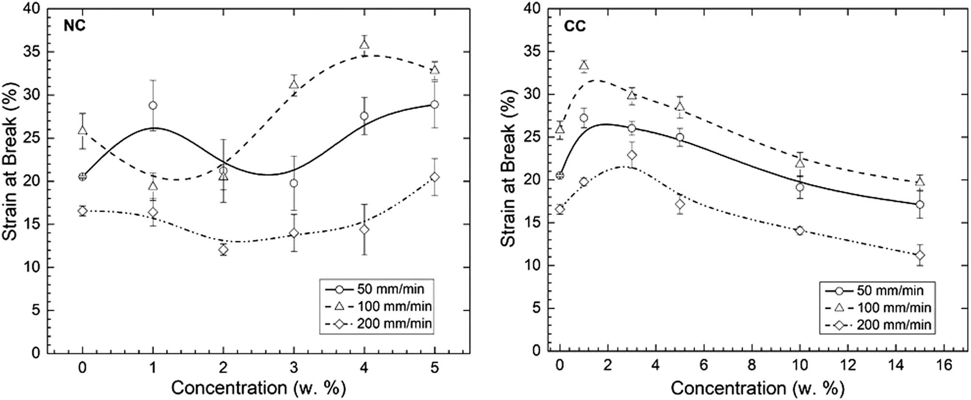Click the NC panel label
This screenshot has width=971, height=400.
coord(75,25)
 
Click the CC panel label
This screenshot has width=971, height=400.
coord(574,26)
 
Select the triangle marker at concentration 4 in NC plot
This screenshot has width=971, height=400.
coord(364,45)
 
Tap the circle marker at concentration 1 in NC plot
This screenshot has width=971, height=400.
coord(153,105)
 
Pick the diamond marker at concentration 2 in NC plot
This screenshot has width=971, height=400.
coord(223,250)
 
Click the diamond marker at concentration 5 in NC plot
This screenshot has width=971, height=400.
coord(435,177)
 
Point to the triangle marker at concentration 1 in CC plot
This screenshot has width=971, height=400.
coord(584,66)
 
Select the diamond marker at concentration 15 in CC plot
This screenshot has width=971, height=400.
coord(920,255)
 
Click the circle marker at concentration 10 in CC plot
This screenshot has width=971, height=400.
coord(800,187)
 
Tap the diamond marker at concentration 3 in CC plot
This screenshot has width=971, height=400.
coord(632,155)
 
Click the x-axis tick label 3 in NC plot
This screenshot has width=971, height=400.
coord(294,367)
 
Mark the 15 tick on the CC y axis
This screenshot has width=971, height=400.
coord(532,223)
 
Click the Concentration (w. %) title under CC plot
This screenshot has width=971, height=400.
coord(757,388)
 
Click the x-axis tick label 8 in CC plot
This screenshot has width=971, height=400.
coord(751,365)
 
